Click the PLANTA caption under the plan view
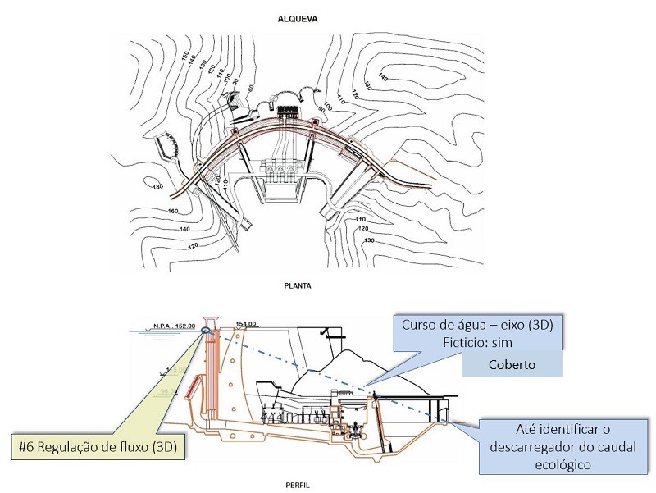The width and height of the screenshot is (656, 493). tap(328, 287)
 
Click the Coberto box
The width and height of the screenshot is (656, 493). tap(512, 363)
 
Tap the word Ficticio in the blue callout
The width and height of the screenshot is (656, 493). tap(426, 342)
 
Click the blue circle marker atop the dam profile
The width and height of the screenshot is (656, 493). tap(203, 331)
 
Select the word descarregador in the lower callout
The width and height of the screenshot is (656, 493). tap(530, 448)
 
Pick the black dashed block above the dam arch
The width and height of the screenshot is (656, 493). tap(288, 112)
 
